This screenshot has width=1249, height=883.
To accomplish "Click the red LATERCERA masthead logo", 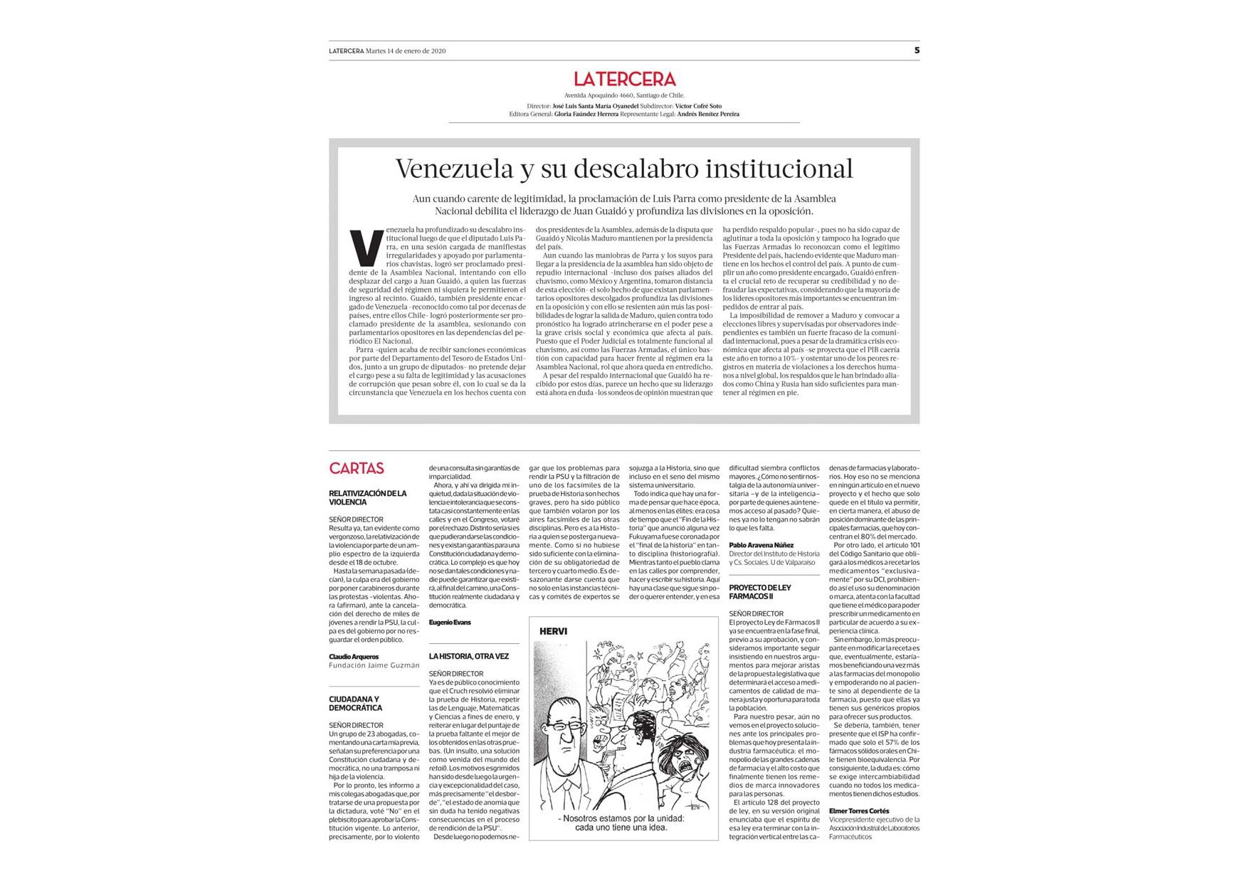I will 624,79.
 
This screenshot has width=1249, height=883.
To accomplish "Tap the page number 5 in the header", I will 917,50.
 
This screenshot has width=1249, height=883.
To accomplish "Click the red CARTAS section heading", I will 357,468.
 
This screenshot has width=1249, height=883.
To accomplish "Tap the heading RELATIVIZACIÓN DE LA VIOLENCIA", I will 367,497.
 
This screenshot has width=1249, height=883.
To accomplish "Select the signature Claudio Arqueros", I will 354,657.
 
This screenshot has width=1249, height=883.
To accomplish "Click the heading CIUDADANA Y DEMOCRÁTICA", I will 356,704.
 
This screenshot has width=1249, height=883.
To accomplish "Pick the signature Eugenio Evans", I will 450,623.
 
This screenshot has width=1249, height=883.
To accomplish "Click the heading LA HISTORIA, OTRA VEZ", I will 469,656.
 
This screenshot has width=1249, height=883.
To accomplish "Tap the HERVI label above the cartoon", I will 553,631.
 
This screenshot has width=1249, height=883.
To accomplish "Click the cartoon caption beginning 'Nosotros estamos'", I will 622,823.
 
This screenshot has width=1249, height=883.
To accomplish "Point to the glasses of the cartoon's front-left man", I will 566,727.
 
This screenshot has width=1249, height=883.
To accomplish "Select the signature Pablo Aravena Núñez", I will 761,545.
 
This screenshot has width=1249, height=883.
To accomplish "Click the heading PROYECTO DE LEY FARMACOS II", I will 760,592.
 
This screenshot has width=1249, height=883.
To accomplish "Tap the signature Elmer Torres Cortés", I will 859,811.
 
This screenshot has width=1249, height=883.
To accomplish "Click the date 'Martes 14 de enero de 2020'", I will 406,51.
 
